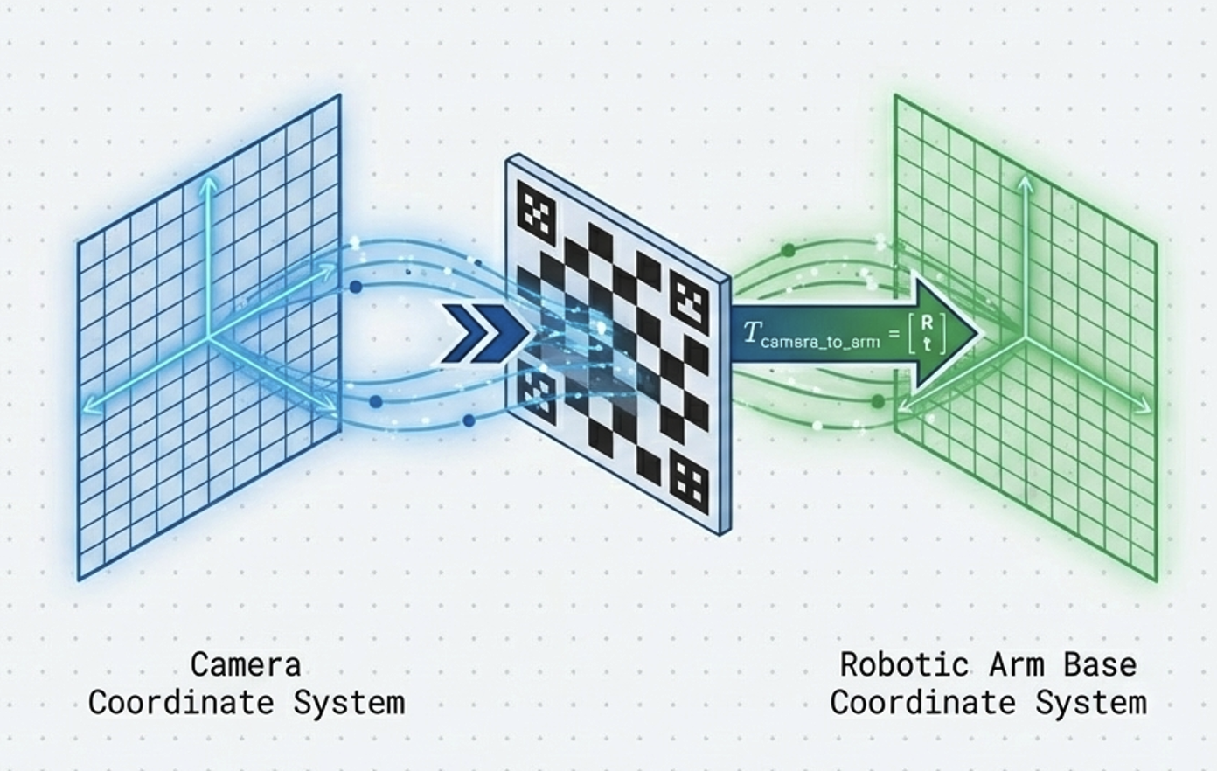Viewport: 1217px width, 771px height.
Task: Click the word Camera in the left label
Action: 246,664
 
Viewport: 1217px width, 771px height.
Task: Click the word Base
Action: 1100,664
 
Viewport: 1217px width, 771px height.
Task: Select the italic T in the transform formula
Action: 751,332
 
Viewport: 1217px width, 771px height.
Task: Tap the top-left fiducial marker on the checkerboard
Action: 537,210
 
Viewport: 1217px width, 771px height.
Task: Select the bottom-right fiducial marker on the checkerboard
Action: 688,482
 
